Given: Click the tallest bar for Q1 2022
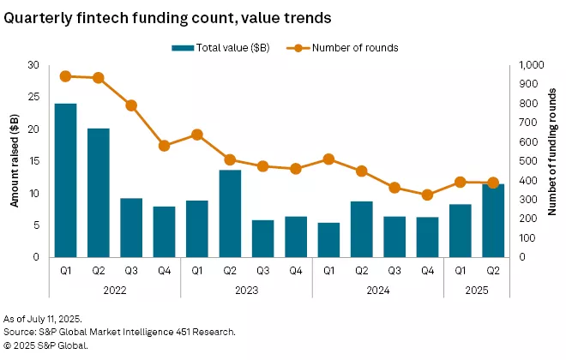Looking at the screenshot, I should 65,180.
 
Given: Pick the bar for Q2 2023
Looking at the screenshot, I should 230,213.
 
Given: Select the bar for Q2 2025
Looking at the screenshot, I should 493,220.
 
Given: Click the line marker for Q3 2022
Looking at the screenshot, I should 131,105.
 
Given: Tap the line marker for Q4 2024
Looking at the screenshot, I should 427,195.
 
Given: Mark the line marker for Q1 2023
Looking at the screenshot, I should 197,135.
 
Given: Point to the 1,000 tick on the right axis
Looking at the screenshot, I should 529,65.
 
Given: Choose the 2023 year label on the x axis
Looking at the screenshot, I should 246,290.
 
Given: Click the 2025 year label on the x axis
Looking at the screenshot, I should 477,290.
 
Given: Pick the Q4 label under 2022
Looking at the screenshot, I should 164,271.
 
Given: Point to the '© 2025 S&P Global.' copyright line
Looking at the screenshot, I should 47,345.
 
